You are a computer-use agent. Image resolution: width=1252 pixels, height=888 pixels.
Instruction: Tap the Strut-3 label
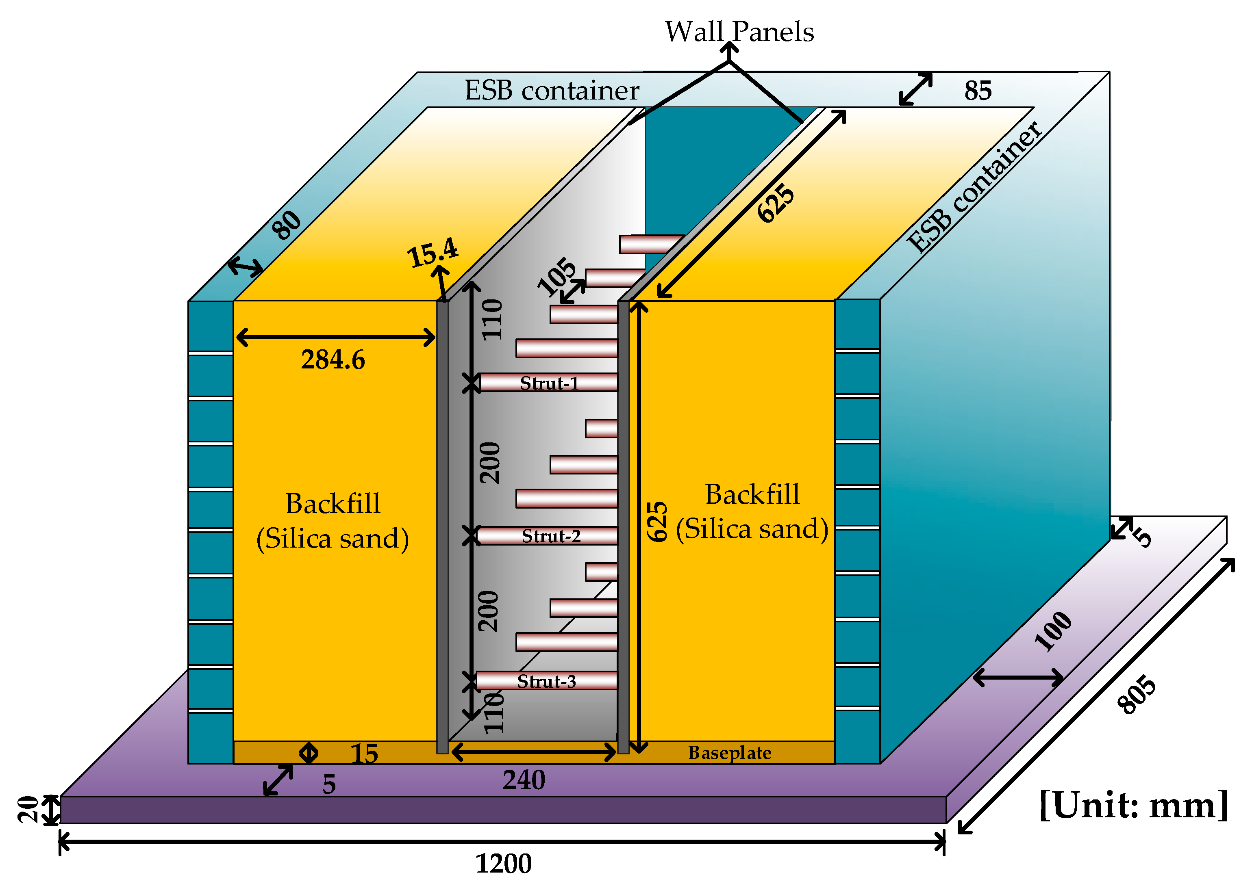[547, 681]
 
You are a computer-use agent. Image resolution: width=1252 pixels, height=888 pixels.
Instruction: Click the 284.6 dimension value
[333, 360]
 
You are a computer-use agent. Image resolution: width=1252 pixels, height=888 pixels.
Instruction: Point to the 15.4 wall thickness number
[432, 253]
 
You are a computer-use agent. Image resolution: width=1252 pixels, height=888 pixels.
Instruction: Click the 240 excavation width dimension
[524, 780]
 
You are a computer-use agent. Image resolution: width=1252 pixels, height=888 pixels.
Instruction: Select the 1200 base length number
[503, 864]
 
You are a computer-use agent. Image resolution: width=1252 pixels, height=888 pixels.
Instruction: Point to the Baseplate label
[729, 753]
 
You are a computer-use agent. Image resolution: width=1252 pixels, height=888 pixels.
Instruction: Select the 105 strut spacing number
[556, 277]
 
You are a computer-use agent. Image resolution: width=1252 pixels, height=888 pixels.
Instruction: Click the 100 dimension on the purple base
[1053, 632]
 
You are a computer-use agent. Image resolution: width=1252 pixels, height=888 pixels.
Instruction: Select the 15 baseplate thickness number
[364, 754]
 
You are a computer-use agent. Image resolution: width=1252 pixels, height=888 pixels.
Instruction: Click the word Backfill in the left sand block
[333, 504]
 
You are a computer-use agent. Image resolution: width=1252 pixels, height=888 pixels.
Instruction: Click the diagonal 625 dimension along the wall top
[776, 203]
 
